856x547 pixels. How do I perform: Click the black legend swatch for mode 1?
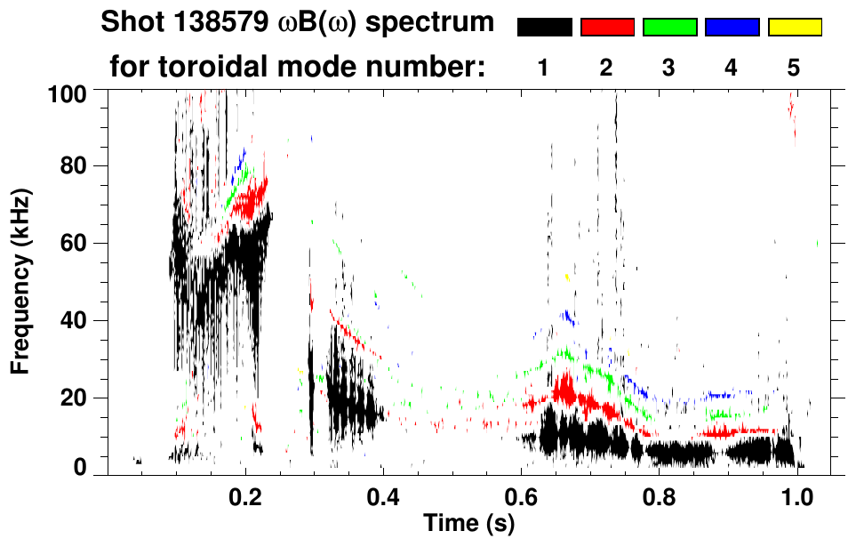(x=545, y=28)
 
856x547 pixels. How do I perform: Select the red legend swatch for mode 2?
(x=607, y=28)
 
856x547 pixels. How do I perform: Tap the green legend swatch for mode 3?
(x=669, y=28)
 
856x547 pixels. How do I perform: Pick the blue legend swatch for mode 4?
(x=732, y=28)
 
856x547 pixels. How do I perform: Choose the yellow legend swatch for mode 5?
(x=795, y=28)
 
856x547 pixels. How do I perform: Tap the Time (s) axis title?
(x=468, y=525)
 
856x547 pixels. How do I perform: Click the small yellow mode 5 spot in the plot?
(x=567, y=278)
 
